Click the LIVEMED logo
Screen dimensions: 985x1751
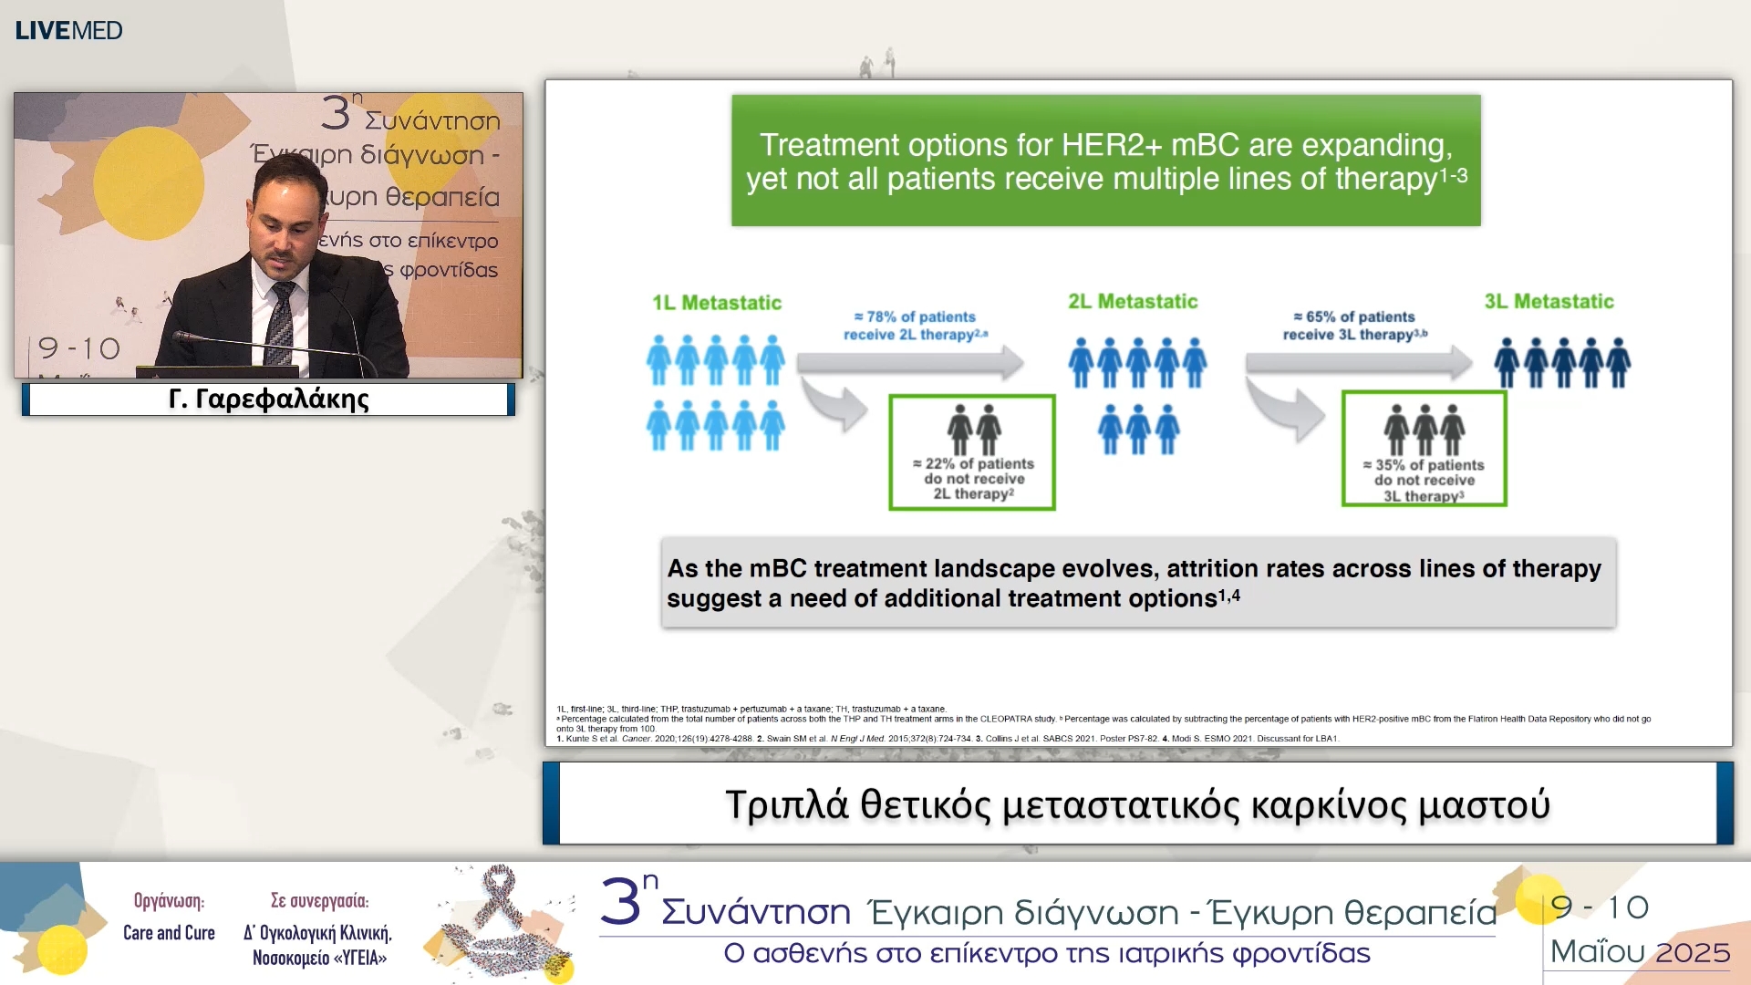click(68, 30)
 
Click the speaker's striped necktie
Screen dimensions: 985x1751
click(280, 324)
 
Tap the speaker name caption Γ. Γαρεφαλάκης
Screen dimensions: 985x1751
click(269, 399)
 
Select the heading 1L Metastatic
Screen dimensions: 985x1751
click(717, 303)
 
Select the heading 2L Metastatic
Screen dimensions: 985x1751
click(1133, 302)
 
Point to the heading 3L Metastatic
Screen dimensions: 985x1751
click(1549, 302)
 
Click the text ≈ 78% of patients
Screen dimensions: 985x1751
click(915, 316)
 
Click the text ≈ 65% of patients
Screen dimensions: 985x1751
click(1354, 316)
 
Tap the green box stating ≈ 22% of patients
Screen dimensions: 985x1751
click(972, 452)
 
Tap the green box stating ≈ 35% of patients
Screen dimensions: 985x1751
click(1424, 449)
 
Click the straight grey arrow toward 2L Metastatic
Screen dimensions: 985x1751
click(909, 363)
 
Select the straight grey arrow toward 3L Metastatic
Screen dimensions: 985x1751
click(1358, 363)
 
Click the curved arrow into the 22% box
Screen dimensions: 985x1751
click(837, 407)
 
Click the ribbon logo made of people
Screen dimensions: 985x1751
click(504, 923)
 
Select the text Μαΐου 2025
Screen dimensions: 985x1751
click(1640, 952)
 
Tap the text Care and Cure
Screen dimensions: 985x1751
click(169, 933)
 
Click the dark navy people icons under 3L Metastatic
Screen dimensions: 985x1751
click(1562, 363)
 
